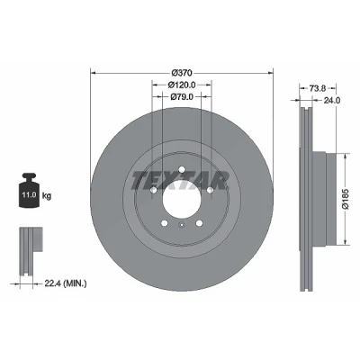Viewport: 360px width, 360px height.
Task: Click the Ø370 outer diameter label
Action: click(x=182, y=73)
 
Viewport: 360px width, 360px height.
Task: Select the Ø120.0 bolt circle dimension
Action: click(x=182, y=85)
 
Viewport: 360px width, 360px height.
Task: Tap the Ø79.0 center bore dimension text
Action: click(x=182, y=96)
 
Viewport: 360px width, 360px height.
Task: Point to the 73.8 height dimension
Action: click(x=318, y=88)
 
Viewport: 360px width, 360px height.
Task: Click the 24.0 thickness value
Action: click(x=331, y=101)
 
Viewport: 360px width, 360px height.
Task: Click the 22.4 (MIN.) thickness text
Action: click(x=66, y=283)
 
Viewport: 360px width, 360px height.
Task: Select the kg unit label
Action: click(x=47, y=196)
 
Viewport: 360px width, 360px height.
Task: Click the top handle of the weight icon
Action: click(x=29, y=175)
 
